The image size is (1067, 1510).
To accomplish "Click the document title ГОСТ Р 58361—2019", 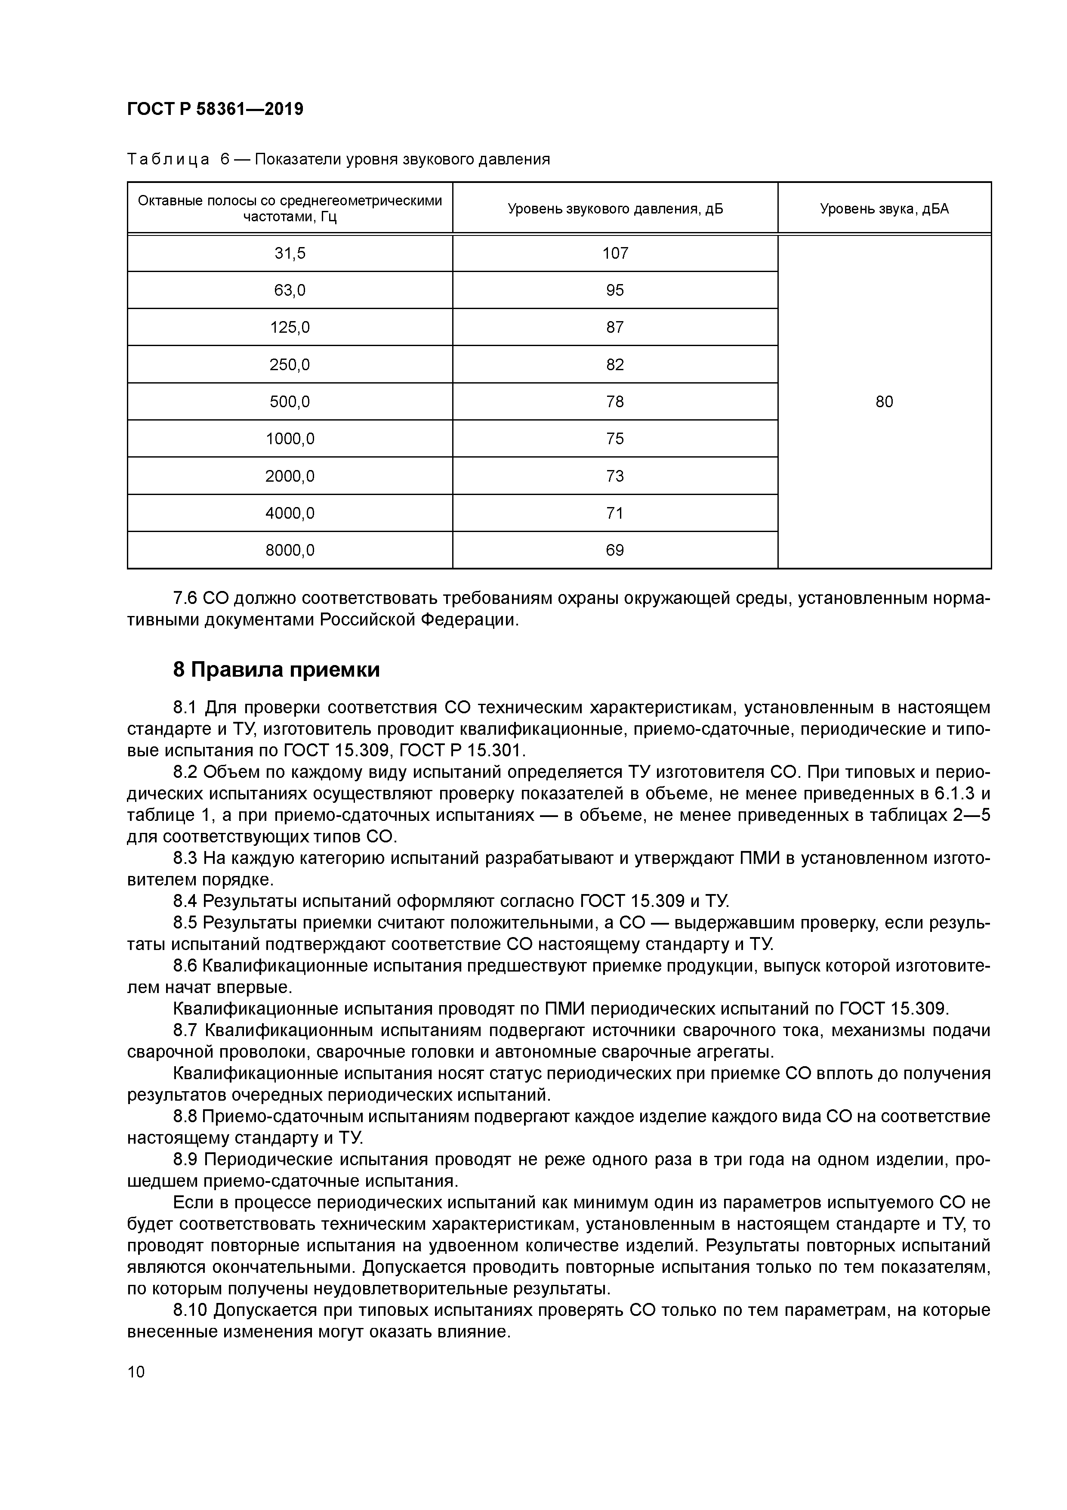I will (x=215, y=109).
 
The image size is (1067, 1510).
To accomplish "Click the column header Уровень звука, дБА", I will (x=884, y=209).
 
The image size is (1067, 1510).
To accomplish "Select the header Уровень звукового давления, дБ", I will (x=615, y=209).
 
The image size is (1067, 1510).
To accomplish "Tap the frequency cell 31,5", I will (x=290, y=253).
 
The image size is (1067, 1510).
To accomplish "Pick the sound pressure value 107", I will (x=615, y=253).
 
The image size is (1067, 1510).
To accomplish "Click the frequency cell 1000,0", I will (x=290, y=439).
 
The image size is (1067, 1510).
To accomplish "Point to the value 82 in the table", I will (x=615, y=364).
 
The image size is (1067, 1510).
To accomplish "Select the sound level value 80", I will (x=884, y=402).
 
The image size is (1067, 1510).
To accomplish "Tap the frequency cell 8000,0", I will (x=290, y=550).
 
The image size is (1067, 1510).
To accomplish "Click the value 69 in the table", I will (x=615, y=550).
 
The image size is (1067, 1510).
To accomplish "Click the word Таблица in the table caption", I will (x=168, y=160).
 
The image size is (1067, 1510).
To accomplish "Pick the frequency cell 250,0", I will (x=290, y=364).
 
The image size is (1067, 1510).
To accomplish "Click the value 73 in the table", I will (x=615, y=476).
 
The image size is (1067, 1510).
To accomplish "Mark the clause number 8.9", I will (x=185, y=1160).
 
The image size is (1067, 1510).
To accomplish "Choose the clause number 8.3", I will (x=185, y=858).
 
